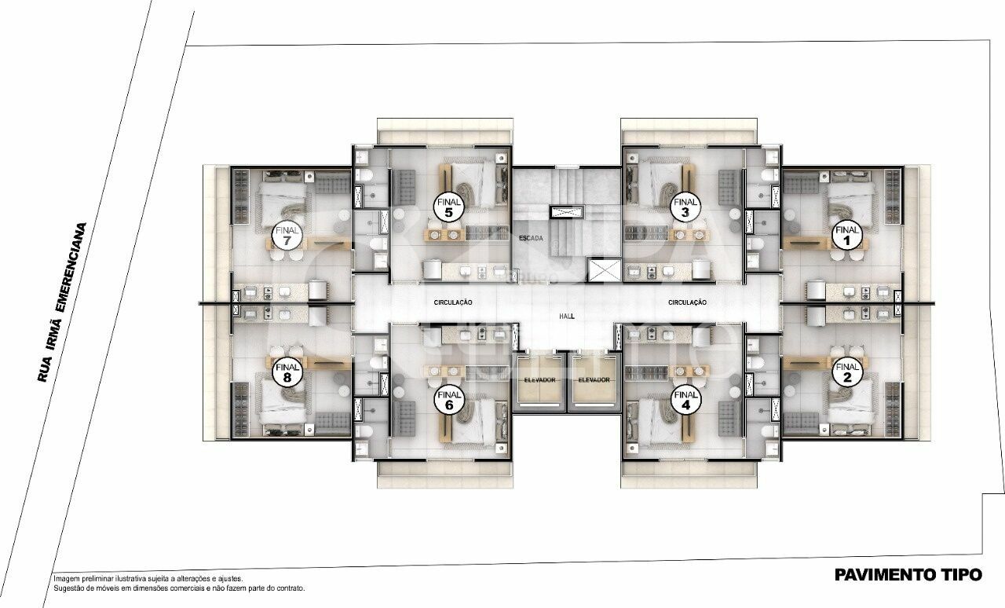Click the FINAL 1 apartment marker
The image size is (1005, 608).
click(x=846, y=236)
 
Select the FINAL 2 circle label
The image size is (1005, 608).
click(x=846, y=372)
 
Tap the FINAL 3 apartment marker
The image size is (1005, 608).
click(x=685, y=207)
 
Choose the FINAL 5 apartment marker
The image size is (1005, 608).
click(x=448, y=207)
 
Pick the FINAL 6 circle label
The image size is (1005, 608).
click(x=448, y=401)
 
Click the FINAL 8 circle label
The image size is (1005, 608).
click(x=287, y=372)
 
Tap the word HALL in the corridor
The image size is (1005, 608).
click(x=567, y=315)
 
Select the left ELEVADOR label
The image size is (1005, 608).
click(x=539, y=380)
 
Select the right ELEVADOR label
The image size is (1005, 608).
click(x=594, y=380)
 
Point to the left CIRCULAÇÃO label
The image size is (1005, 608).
click(x=453, y=302)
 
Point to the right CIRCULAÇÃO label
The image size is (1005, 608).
click(x=688, y=302)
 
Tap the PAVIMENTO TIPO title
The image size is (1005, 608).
click(x=908, y=575)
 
